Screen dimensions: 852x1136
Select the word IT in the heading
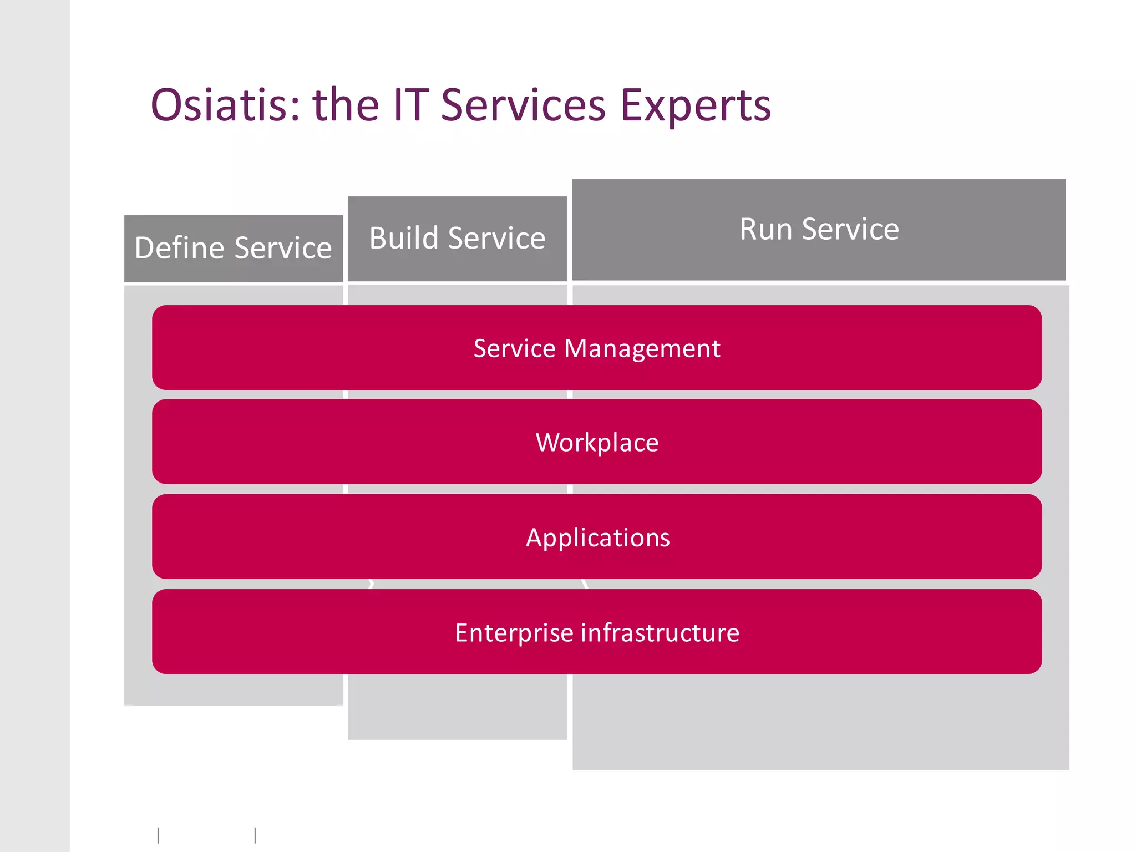pos(410,105)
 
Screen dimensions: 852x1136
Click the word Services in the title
pos(523,105)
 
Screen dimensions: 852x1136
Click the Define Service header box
pos(233,248)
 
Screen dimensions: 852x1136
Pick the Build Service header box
pos(457,239)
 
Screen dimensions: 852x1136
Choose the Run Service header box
pos(819,230)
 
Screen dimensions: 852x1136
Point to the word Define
pos(179,248)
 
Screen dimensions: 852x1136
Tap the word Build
pos(404,239)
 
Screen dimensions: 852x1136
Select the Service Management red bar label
pos(597,348)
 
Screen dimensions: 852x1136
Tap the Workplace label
pos(597,443)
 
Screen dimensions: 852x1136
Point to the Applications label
pos(597,538)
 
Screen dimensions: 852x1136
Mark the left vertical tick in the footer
pos(159,835)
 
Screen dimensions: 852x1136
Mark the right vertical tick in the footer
pos(255,835)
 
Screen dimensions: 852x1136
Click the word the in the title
pos(346,105)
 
